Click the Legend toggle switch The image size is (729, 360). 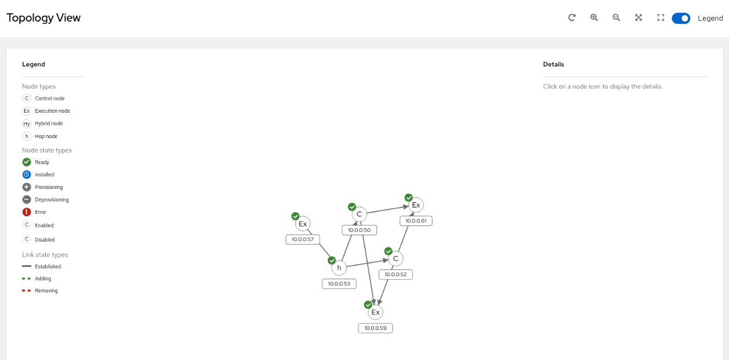681,18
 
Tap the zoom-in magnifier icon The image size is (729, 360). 594,17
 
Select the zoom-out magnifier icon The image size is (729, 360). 616,17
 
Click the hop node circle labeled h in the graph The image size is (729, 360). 339,268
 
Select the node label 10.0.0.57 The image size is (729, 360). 303,239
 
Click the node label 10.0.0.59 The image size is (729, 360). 375,328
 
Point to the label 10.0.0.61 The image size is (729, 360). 416,221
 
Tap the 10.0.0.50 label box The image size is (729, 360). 359,230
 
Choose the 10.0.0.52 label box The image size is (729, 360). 396,274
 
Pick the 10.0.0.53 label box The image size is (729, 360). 339,284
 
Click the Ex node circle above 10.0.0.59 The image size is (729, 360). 375,312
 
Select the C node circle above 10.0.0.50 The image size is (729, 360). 359,214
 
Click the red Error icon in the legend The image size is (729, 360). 27,212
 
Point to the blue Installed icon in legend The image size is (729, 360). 27,175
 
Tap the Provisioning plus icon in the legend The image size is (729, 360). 27,187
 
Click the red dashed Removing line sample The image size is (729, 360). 27,291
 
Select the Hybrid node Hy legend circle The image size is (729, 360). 27,124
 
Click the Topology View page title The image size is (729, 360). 43,17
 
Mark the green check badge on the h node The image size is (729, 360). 332,261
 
